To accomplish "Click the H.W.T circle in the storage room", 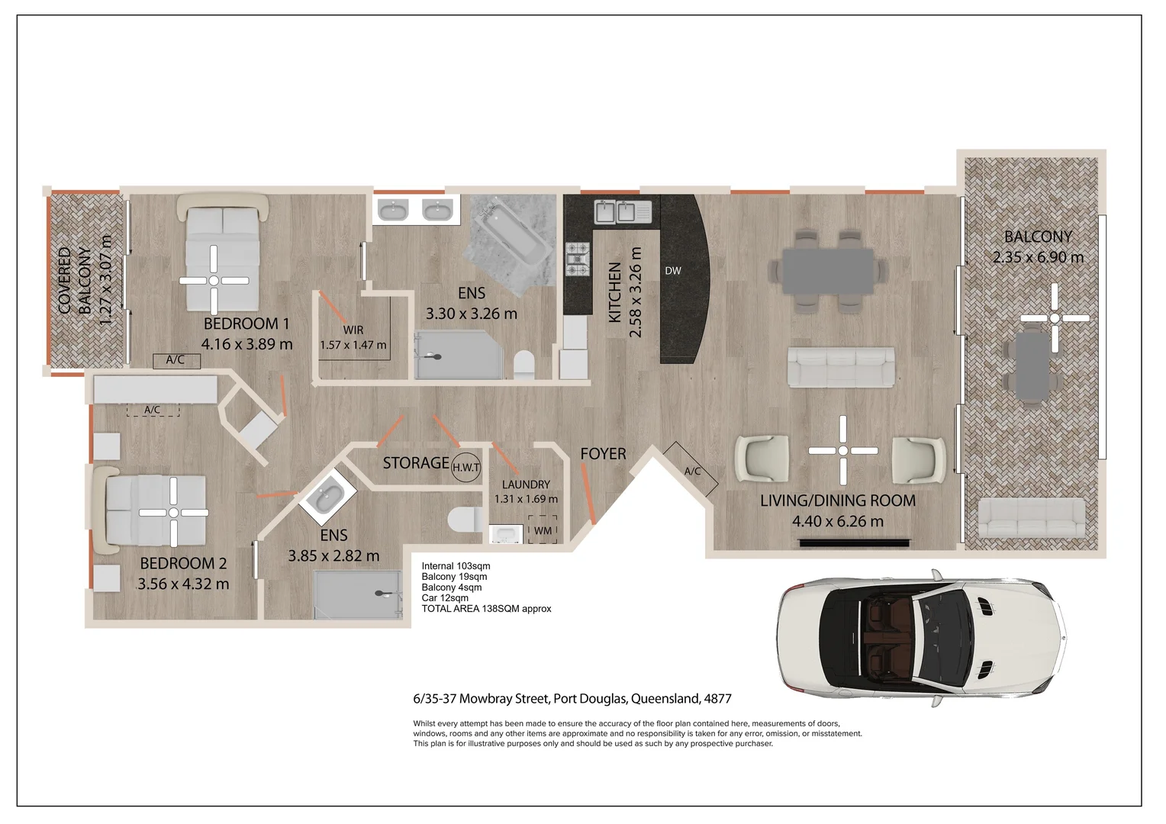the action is pos(466,468).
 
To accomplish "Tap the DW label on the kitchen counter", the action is pos(673,271).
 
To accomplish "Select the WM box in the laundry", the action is pos(543,530).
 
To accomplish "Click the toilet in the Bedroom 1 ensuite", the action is pos(524,365).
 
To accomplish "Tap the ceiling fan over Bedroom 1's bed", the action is pos(214,281).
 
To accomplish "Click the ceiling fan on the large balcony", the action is pos(1055,318).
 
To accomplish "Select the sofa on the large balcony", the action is pos(1032,517).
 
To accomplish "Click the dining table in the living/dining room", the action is pos(828,271).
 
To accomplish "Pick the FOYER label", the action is pos(604,454).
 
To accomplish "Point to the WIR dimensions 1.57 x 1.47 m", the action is pos(353,345).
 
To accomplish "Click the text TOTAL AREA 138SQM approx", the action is pos(486,609).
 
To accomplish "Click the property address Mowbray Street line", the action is pos(572,699).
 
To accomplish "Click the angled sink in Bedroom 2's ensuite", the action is pos(327,497).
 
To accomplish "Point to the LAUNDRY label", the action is pos(526,484).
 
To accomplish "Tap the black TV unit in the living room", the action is pos(854,543).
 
